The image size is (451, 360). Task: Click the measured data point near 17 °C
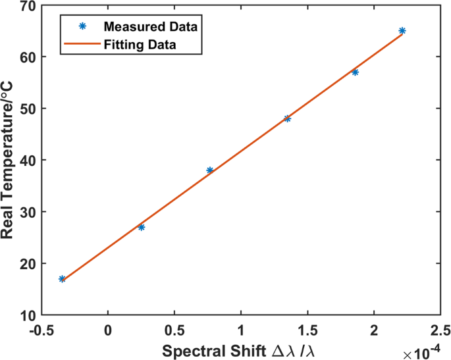pos(62,279)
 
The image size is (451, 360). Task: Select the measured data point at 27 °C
pos(142,227)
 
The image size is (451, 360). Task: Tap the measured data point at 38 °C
pos(210,170)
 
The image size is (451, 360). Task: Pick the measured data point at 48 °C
pos(287,118)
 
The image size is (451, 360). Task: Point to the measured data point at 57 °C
pos(356,72)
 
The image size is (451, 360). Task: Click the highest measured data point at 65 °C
pos(402,31)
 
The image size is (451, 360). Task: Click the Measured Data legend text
pos(151,27)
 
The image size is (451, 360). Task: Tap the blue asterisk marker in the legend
pos(82,27)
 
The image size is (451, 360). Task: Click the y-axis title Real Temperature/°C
pos(12,161)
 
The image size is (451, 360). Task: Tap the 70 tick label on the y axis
pos(26,6)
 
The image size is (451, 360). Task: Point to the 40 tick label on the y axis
pos(26,161)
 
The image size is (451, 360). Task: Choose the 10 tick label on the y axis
pos(26,315)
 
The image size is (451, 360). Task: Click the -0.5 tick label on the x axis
pos(41,328)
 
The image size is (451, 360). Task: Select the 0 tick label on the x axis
pos(108,328)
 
